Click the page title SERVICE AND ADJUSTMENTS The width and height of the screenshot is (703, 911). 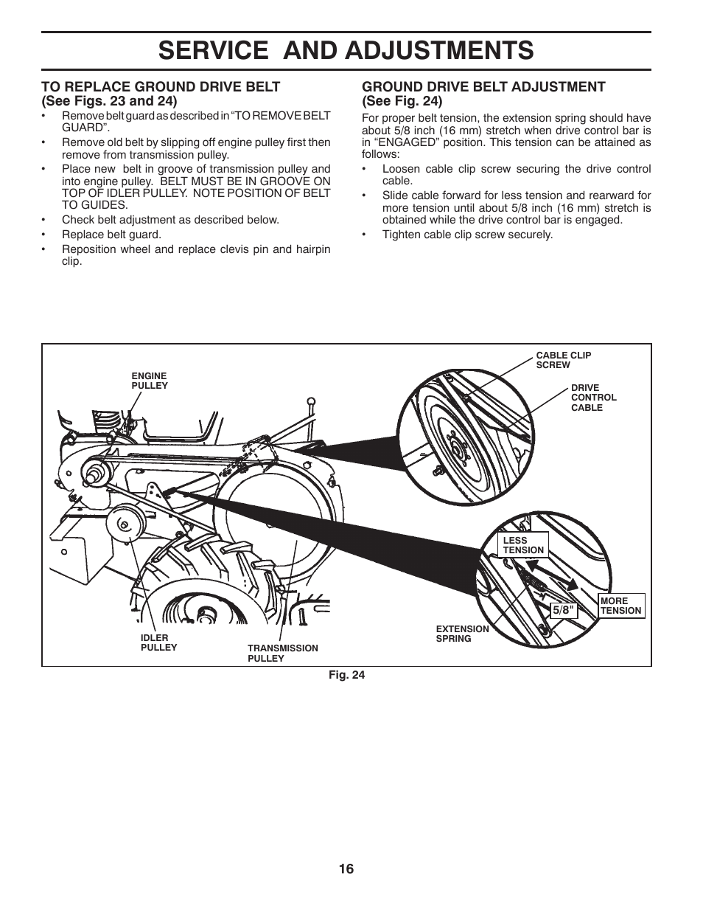pyautogui.click(x=346, y=50)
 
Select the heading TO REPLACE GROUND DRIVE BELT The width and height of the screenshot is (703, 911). pyautogui.click(x=161, y=87)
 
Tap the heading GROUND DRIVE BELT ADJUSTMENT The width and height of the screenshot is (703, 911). pyautogui.click(x=483, y=87)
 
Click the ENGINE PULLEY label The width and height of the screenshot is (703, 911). pyautogui.click(x=150, y=381)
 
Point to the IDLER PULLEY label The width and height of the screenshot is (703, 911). pyautogui.click(x=158, y=642)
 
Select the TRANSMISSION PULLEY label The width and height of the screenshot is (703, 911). pyautogui.click(x=282, y=653)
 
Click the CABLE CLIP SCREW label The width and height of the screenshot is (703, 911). pyautogui.click(x=563, y=360)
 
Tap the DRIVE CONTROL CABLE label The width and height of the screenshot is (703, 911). pyautogui.click(x=593, y=398)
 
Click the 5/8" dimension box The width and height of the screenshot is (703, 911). pyautogui.click(x=562, y=611)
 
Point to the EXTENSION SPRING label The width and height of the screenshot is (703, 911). pyautogui.click(x=462, y=634)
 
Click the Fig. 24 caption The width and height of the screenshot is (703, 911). pyautogui.click(x=346, y=674)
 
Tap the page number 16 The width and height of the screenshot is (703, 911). pyautogui.click(x=346, y=869)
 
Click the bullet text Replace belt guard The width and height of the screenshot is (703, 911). pyautogui.click(x=111, y=235)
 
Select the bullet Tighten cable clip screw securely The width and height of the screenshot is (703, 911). pyautogui.click(x=467, y=235)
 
